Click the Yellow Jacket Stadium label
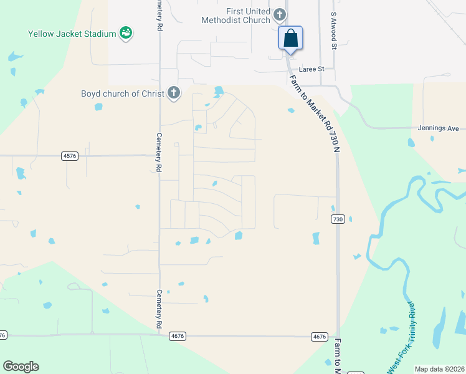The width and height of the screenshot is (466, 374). click(x=72, y=34)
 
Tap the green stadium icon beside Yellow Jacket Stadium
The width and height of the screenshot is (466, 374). click(x=126, y=32)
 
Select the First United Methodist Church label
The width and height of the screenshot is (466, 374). click(x=236, y=16)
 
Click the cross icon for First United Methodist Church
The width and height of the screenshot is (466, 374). click(x=280, y=14)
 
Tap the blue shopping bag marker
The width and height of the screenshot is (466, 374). click(x=290, y=38)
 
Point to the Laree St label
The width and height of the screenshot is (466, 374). click(x=312, y=69)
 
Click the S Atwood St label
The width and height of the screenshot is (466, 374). click(x=334, y=30)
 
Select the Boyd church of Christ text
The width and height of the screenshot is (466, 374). click(x=122, y=94)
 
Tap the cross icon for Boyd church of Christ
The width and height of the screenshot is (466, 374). click(x=173, y=93)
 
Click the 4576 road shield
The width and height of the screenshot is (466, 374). click(x=70, y=156)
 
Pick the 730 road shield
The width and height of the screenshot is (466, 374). click(x=338, y=219)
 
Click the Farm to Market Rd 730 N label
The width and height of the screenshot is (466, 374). click(x=315, y=113)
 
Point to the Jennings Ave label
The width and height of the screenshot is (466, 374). click(x=441, y=128)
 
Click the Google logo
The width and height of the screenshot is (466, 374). click(x=21, y=367)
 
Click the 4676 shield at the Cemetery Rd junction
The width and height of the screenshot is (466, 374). click(x=177, y=336)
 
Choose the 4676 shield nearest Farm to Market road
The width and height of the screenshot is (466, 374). click(x=319, y=337)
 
